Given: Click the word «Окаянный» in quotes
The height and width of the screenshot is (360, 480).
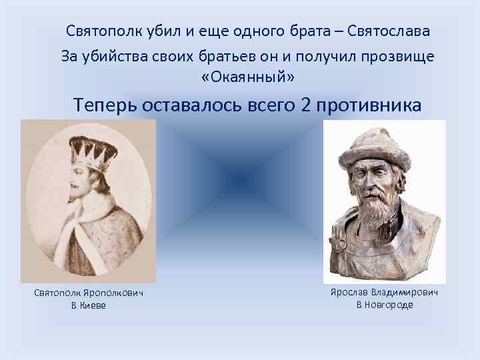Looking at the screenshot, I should coord(247,78).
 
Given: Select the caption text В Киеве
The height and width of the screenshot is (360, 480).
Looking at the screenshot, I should coord(89,305).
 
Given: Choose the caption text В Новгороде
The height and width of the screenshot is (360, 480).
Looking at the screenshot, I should coord(385,305).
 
